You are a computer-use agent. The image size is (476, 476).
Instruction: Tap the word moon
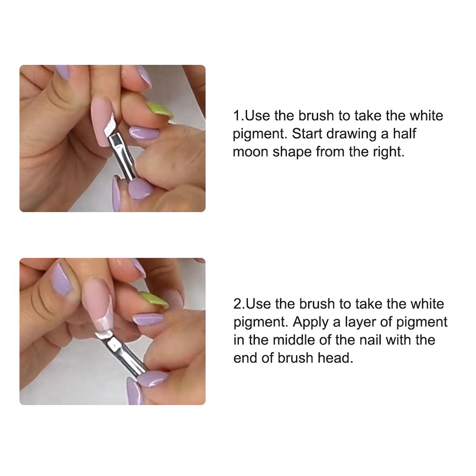tap(250, 152)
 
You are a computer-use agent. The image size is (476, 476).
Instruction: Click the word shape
tap(292, 152)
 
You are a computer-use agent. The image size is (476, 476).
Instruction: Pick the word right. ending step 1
tap(389, 152)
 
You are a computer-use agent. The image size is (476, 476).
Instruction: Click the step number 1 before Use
tap(236, 115)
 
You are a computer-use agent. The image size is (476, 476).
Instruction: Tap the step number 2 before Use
tap(237, 304)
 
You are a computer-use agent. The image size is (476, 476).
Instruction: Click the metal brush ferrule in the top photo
tap(122, 157)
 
